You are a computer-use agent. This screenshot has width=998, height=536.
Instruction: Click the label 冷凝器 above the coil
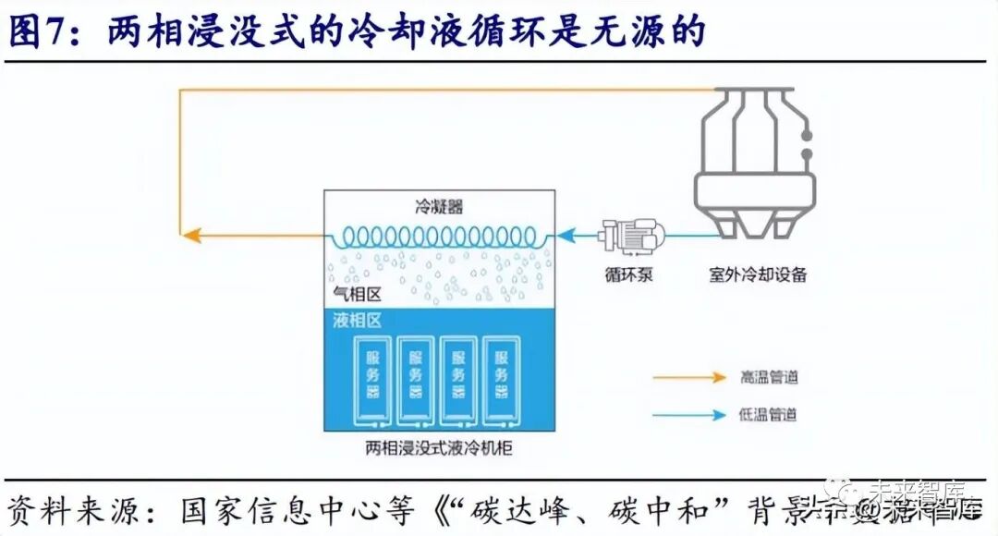pyautogui.click(x=439, y=207)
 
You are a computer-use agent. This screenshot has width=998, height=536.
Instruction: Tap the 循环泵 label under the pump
pyautogui.click(x=629, y=274)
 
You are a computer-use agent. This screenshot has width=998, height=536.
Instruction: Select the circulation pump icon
pyautogui.click(x=627, y=237)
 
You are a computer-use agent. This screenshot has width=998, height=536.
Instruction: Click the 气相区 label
pyautogui.click(x=357, y=294)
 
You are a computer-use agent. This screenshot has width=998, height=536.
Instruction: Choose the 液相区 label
pyautogui.click(x=357, y=321)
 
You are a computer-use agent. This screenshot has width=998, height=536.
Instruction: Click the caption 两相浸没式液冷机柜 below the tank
pyautogui.click(x=439, y=450)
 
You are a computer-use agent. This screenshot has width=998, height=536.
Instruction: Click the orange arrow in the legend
pyautogui.click(x=689, y=377)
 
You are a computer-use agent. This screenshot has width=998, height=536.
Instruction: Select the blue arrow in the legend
pyautogui.click(x=689, y=415)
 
